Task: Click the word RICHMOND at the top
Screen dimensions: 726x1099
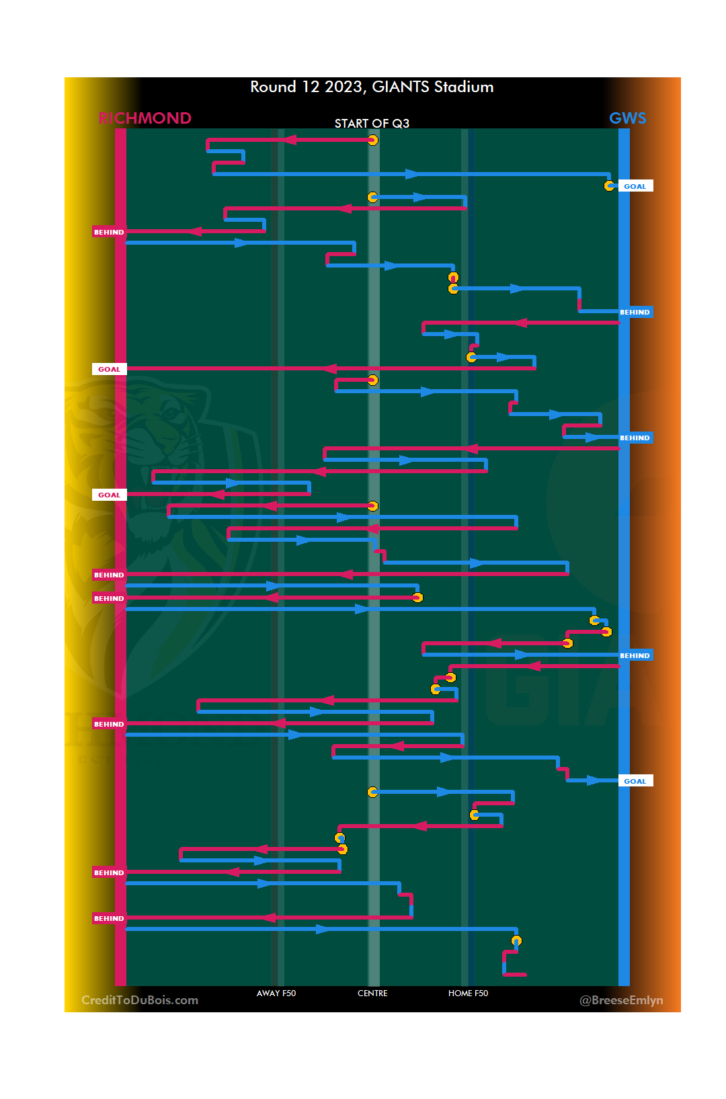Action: click(x=145, y=118)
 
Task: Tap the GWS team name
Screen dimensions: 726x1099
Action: click(x=627, y=118)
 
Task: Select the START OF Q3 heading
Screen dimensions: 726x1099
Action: click(x=372, y=124)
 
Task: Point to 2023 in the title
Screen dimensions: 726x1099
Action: click(x=345, y=87)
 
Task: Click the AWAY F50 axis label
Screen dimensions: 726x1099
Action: click(x=276, y=993)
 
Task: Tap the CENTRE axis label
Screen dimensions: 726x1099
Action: click(x=372, y=993)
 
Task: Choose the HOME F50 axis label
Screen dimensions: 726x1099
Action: click(x=468, y=993)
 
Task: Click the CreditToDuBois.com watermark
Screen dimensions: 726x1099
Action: click(x=140, y=1000)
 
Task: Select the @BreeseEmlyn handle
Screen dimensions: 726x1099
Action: click(x=621, y=1000)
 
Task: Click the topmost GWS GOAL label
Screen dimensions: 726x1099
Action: click(x=635, y=186)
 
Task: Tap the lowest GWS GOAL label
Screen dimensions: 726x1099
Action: click(x=635, y=781)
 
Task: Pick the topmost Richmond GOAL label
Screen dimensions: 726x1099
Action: click(x=109, y=369)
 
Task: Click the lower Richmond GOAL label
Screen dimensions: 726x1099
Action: click(x=109, y=495)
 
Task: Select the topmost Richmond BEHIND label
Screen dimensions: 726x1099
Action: click(x=109, y=232)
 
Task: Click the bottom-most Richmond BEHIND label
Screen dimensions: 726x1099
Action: click(x=109, y=918)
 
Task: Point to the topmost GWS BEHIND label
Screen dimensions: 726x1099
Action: click(x=635, y=312)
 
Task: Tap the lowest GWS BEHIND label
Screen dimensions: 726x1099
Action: click(x=635, y=655)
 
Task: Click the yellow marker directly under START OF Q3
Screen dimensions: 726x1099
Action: click(x=372, y=140)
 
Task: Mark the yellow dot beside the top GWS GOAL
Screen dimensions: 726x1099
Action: click(x=609, y=186)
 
